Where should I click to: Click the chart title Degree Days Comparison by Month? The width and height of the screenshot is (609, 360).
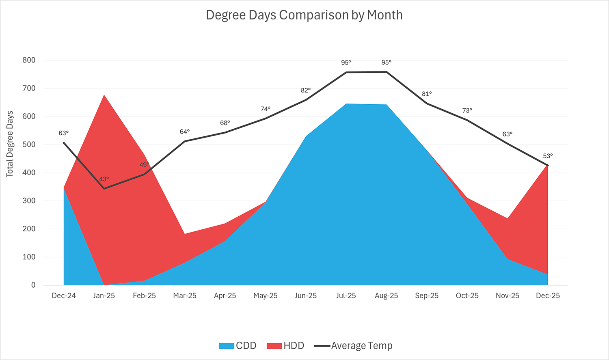coord(304,15)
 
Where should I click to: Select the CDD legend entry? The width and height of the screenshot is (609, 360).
coord(238,346)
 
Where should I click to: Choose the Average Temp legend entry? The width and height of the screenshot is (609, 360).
coord(353,346)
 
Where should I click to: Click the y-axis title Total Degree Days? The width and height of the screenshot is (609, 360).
coord(10,144)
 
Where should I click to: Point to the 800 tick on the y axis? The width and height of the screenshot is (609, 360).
coord(29,60)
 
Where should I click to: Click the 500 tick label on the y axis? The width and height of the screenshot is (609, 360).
coord(29,144)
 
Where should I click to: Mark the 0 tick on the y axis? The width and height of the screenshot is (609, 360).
coord(33,285)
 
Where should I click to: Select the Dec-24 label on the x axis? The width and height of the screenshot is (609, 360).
coord(64,296)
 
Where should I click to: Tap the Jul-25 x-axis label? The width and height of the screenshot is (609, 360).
coord(346,296)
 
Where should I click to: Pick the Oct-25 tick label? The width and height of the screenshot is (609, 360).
coord(467,296)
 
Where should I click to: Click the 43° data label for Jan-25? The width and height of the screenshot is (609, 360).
coord(104,179)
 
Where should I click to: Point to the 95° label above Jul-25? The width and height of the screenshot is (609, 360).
coord(346,63)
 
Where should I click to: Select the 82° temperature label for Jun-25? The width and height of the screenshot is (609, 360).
coord(306,90)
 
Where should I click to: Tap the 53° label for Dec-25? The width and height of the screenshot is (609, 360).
coord(548,156)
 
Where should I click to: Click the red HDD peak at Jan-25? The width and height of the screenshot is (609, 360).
coord(104,95)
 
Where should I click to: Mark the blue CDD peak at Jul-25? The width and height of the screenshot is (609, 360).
coord(346,104)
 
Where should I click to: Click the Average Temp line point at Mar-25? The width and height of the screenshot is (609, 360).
coord(185,141)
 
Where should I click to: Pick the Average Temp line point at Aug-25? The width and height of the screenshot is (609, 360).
coord(387,72)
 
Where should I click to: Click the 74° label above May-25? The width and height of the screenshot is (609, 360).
coord(265,109)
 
